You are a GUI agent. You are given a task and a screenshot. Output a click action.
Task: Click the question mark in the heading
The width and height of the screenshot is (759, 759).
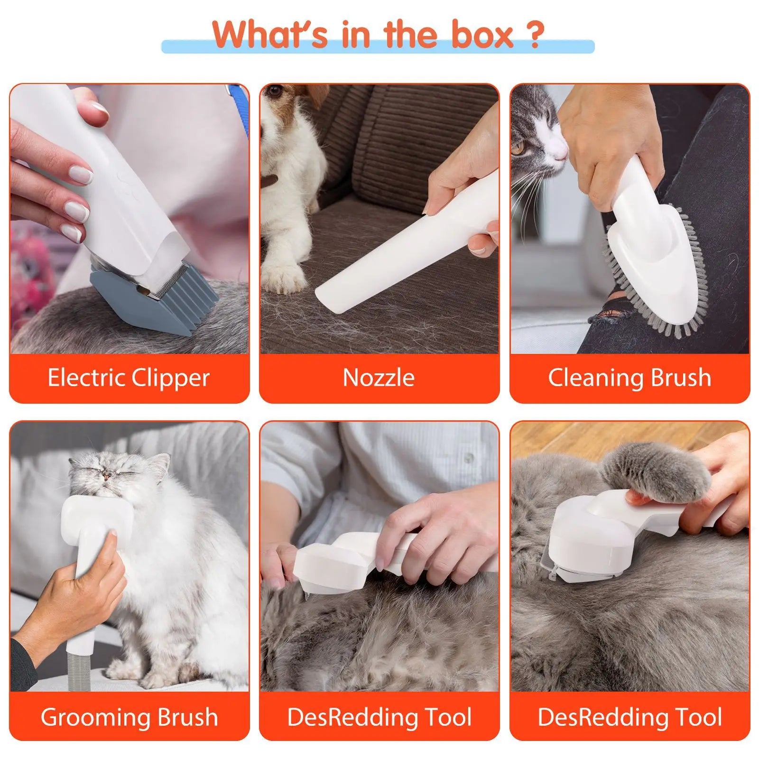(x=534, y=35)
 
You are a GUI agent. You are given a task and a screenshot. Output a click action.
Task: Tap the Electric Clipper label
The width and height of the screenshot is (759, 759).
(x=129, y=378)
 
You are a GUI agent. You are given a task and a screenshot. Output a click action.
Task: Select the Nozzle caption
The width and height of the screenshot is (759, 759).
(x=379, y=378)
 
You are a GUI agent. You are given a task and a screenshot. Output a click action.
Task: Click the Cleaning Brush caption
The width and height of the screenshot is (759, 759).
(x=629, y=378)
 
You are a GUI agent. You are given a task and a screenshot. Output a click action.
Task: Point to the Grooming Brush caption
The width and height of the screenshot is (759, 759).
(x=129, y=717)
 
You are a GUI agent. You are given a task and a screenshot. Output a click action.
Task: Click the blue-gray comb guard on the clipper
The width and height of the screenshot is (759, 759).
(x=157, y=304)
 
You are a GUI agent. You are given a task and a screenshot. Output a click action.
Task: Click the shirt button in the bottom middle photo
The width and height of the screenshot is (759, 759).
(x=469, y=457)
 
